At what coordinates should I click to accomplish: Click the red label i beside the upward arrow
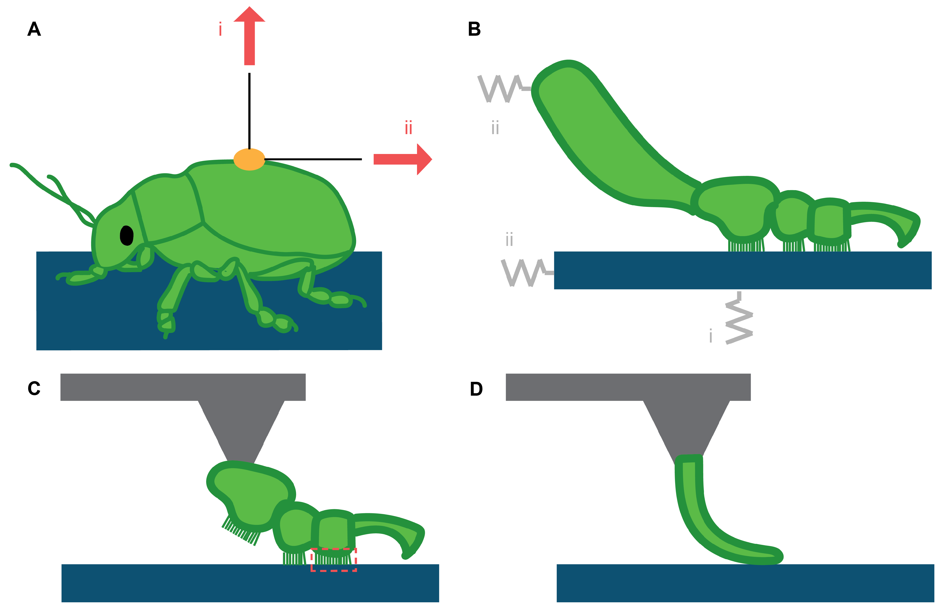[x=220, y=29]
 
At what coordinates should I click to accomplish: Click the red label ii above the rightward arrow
[x=408, y=128]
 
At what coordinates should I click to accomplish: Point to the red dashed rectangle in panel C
[x=334, y=559]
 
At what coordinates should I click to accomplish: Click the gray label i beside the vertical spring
[x=711, y=336]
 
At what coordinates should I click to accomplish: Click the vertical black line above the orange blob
[x=249, y=111]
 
